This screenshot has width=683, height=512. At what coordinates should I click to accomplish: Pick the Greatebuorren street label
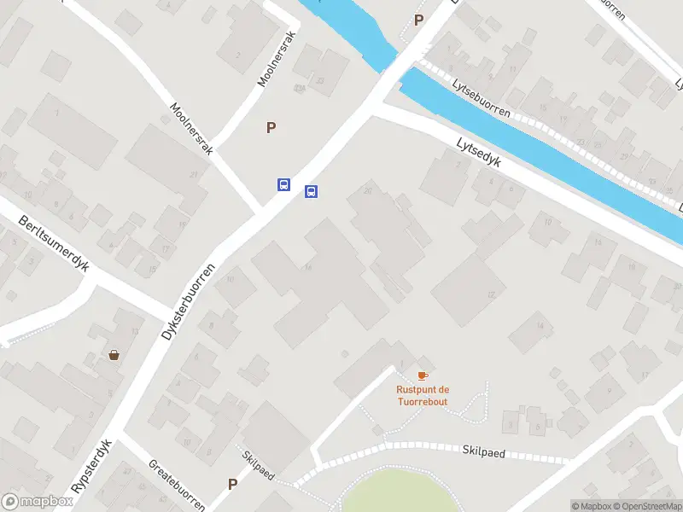(176, 483)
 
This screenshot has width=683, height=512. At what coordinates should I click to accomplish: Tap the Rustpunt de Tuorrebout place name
(422, 396)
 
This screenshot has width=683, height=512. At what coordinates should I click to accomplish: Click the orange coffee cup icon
(422, 375)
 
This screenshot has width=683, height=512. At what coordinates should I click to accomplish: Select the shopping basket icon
(114, 355)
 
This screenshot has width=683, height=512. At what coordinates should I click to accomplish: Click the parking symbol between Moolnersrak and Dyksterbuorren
(271, 128)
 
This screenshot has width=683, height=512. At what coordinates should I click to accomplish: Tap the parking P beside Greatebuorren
(232, 484)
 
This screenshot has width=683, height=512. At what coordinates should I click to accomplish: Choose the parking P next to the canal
(418, 20)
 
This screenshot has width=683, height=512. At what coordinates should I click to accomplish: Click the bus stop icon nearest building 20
(312, 191)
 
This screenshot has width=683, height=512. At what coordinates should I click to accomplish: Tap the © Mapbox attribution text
(591, 506)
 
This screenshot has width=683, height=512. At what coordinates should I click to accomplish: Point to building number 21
(194, 174)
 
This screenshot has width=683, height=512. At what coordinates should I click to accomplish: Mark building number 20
(367, 190)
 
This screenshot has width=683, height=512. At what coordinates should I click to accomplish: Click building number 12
(491, 294)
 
